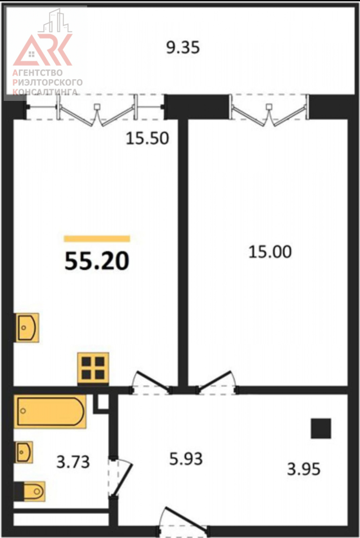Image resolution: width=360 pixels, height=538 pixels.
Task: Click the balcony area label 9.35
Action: [x=183, y=48]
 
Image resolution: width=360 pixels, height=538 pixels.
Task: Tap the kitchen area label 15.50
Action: [x=147, y=139]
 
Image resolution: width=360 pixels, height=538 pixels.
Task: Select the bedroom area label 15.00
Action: [x=270, y=252]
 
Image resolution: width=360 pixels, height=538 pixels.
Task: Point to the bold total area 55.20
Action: [x=97, y=261]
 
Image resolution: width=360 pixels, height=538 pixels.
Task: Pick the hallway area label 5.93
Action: [x=186, y=459]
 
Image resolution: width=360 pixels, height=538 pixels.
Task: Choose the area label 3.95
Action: [x=304, y=469]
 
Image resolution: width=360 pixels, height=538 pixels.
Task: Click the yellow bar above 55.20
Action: [x=97, y=239]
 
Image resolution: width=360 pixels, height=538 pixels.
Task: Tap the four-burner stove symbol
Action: [x=93, y=368]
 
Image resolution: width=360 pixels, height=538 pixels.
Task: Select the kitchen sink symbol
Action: [x=26, y=327]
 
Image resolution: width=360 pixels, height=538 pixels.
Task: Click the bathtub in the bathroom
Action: [x=50, y=412]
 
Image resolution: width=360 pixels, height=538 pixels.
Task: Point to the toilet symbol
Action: [x=30, y=491]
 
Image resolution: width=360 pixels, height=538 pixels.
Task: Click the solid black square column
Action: [x=321, y=429]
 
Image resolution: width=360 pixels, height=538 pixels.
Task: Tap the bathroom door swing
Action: [x=120, y=478]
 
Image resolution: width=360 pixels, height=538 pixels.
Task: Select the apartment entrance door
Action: [x=184, y=521]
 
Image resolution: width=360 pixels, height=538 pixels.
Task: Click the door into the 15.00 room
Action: [x=217, y=383]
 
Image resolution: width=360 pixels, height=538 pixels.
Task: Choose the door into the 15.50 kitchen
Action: [x=151, y=383]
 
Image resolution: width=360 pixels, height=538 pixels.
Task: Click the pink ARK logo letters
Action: [x=43, y=49]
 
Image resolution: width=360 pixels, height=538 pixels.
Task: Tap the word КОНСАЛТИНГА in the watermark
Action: [x=45, y=92]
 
